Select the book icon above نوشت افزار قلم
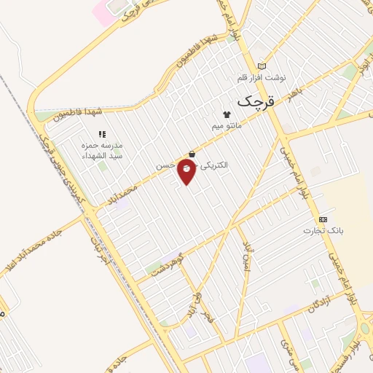pos(262,66)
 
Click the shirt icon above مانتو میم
pos(226,114)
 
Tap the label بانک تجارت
pos(323,230)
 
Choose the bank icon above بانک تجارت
pos(323,219)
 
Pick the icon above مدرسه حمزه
pos(101,134)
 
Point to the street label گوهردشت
pos(167,266)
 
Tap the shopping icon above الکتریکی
pos(192,154)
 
